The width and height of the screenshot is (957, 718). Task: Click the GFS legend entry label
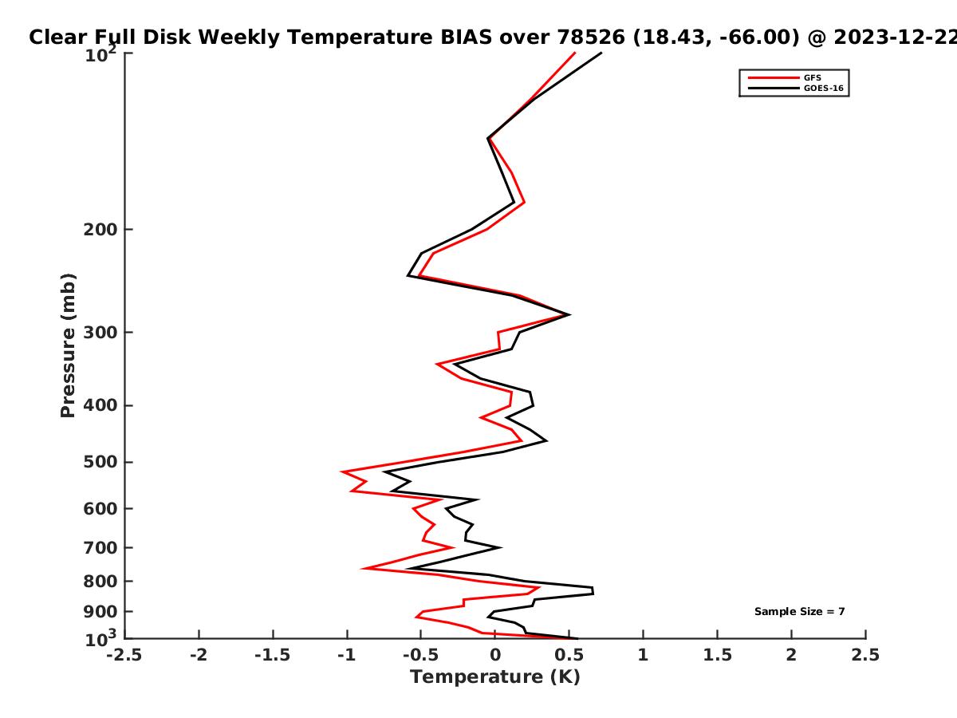click(812, 78)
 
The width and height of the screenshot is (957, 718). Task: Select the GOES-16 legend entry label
click(824, 89)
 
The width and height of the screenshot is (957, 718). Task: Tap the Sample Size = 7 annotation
click(800, 612)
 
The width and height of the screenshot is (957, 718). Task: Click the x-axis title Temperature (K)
click(495, 677)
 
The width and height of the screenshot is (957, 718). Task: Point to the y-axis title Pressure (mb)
click(68, 345)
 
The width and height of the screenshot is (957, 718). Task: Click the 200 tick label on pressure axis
click(100, 230)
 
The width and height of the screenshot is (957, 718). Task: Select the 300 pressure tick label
click(100, 333)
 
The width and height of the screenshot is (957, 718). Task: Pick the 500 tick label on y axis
click(100, 462)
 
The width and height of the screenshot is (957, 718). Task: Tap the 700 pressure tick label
click(100, 548)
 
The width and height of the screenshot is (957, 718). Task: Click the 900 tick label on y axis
click(100, 612)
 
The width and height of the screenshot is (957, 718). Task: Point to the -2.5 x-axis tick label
click(124, 655)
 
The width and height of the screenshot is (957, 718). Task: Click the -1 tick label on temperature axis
click(347, 655)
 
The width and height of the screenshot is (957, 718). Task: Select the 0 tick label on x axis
click(495, 655)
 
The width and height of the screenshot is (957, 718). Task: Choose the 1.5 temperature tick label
click(717, 655)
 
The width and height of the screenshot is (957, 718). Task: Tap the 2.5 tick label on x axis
click(865, 655)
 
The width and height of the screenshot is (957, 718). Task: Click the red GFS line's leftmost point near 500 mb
click(341, 471)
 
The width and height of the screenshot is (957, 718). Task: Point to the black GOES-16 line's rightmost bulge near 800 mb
click(593, 590)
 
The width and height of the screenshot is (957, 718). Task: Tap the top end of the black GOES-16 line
click(601, 53)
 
